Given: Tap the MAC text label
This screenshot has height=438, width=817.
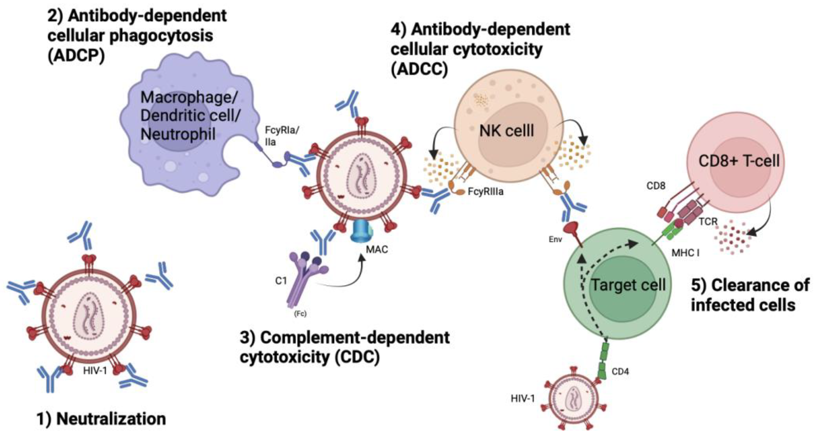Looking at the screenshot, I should [377, 250].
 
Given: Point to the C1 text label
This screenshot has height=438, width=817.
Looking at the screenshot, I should [281, 281].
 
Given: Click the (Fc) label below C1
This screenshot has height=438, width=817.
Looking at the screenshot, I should [300, 314].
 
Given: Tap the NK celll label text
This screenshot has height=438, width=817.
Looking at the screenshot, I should [507, 131].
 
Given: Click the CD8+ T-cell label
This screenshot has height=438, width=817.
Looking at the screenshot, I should [739, 161].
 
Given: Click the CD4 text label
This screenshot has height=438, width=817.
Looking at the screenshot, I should [620, 371].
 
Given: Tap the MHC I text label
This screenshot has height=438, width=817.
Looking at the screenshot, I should [685, 253].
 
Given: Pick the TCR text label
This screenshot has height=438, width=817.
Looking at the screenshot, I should [708, 221].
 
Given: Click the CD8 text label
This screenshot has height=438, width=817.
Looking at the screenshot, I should [656, 186].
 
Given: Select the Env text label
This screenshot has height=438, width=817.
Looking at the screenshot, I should [555, 239].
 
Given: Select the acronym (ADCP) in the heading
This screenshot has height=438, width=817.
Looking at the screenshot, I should [76, 56].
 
